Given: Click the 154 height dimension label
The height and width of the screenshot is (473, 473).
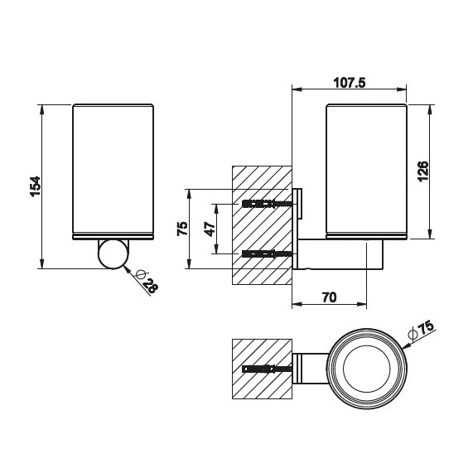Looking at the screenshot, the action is point(36,186).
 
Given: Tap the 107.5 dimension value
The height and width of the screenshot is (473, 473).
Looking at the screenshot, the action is point(350,82).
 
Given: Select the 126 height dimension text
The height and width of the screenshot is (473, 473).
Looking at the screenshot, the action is point(423,171).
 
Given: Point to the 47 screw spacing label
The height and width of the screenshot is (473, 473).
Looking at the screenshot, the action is point(210,229).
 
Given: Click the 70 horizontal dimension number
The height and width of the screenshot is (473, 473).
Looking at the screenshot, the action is point(329,297).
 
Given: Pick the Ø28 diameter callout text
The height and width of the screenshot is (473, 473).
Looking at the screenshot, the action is point(147,282).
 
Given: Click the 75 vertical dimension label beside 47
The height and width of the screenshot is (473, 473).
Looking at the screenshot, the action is point(182,229).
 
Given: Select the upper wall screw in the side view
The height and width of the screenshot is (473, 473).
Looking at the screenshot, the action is point(267,204).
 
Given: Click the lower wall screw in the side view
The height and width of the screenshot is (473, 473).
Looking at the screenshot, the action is point(267,254).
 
